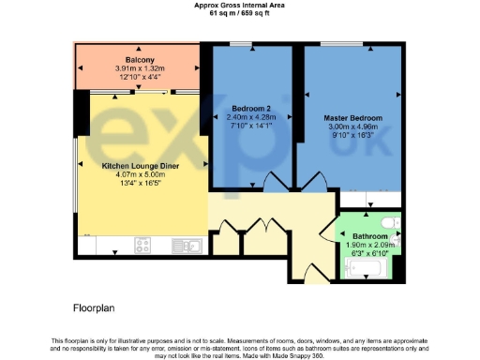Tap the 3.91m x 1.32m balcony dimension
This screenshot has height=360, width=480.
click(x=140, y=68)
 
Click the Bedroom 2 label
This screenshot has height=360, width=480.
click(x=249, y=109)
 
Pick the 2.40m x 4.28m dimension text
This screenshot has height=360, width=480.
click(x=250, y=118)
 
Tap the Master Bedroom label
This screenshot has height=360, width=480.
click(x=351, y=118)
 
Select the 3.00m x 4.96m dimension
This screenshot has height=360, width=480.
click(x=351, y=127)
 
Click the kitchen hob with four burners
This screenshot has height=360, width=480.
click(x=143, y=245)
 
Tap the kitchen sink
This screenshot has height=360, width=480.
click(x=187, y=246)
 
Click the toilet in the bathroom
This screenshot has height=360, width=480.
click(x=397, y=224)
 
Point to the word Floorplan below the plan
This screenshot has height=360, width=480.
click(x=94, y=307)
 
